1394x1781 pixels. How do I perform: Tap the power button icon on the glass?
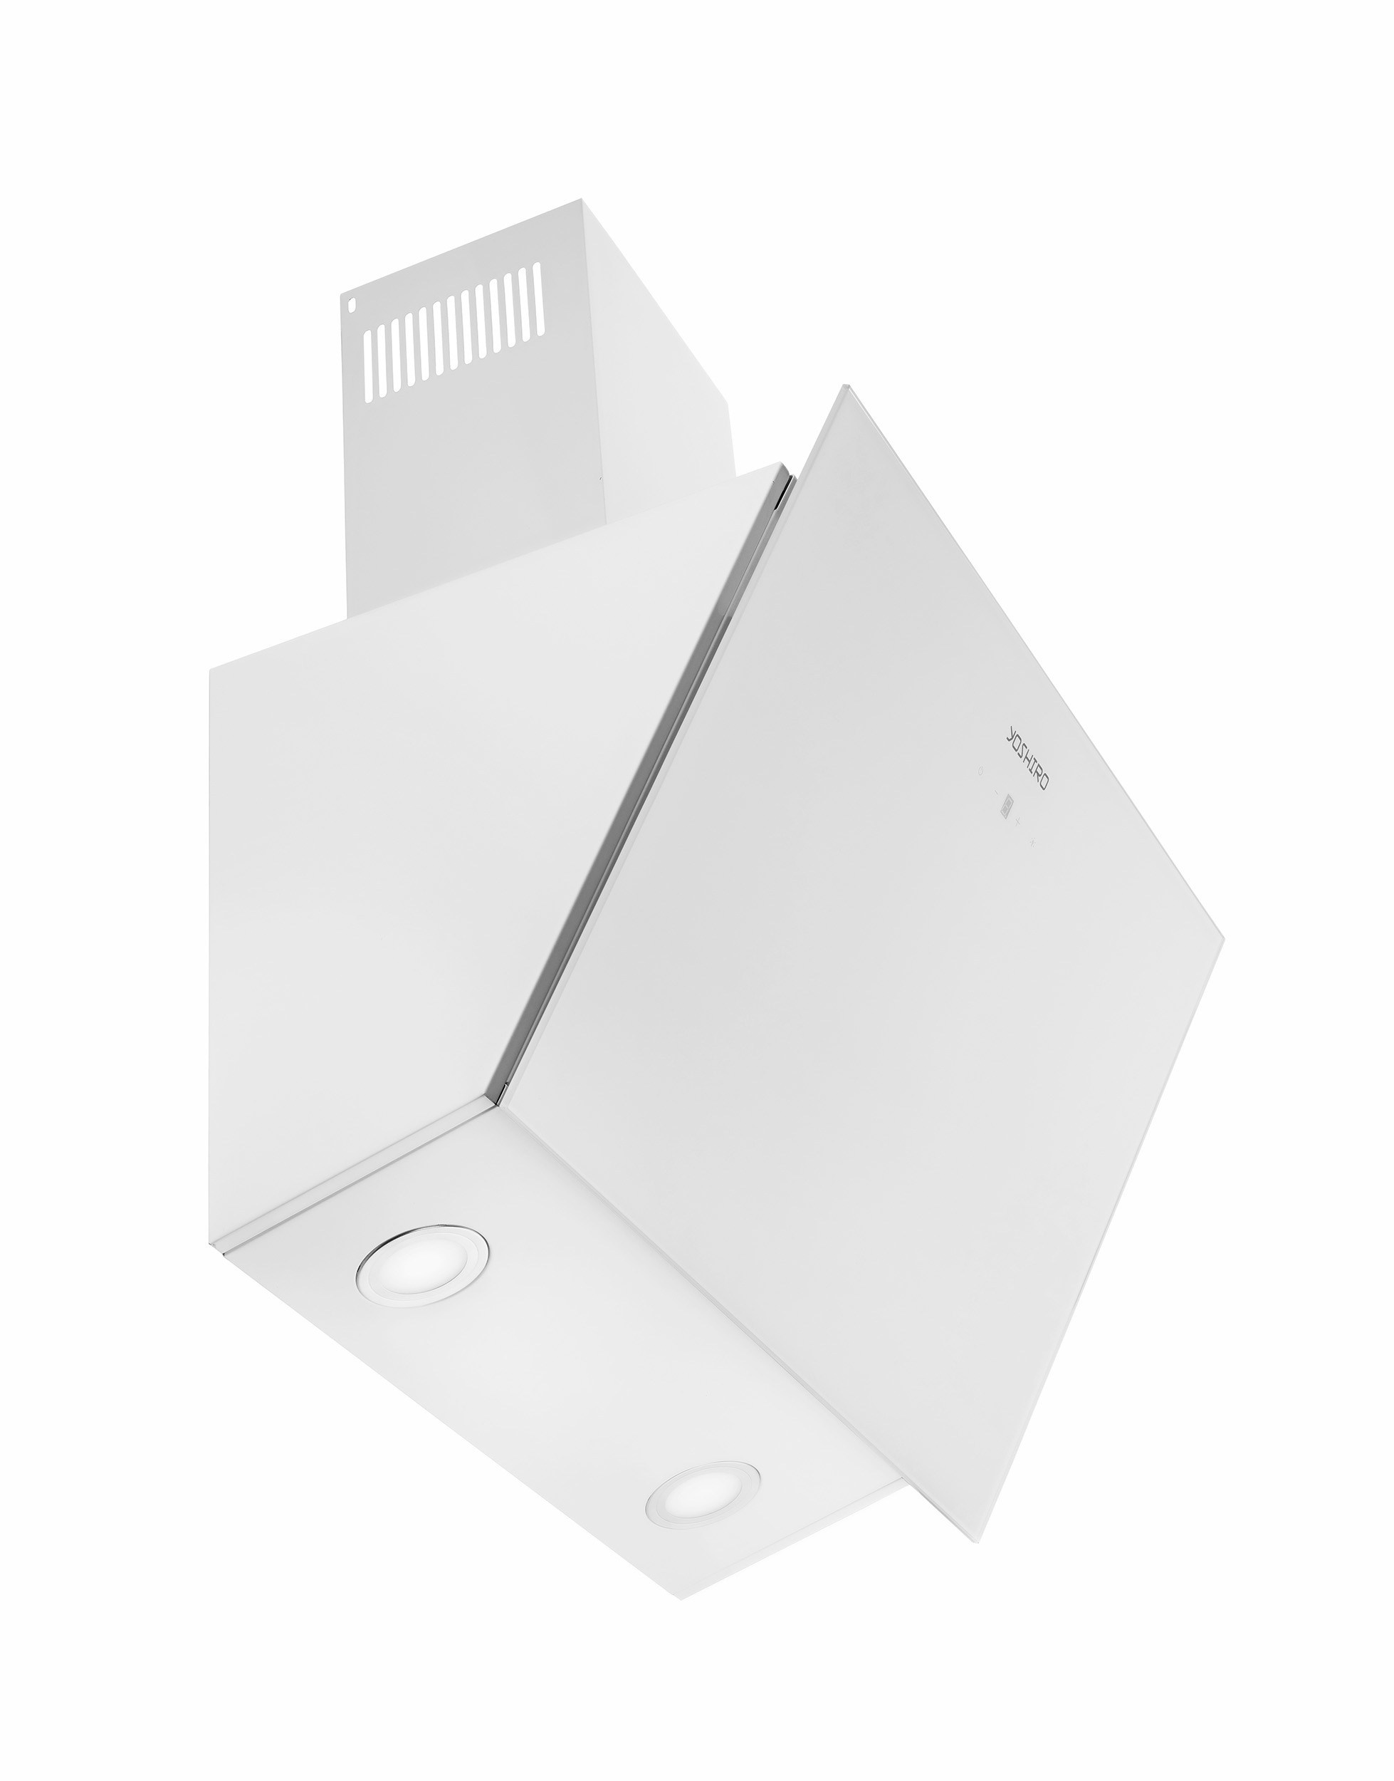pos(980,771)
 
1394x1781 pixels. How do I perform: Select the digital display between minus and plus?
pos(1007,808)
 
